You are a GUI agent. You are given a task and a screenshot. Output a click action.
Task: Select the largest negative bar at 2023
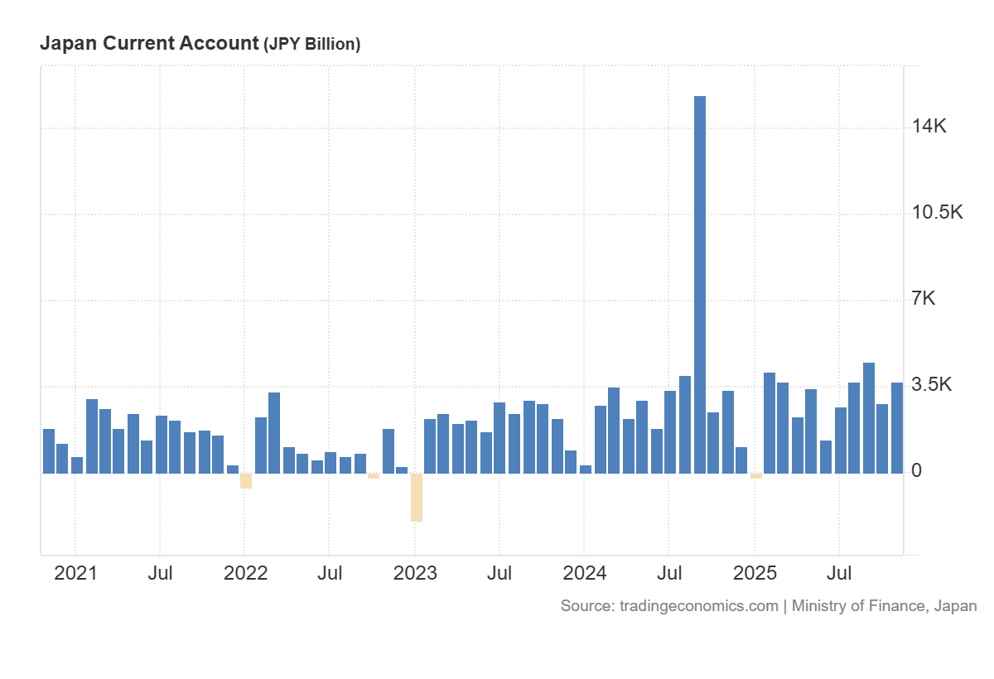click(416, 497)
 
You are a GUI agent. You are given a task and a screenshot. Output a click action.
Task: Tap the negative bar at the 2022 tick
click(246, 481)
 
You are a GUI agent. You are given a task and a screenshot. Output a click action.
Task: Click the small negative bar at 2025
click(756, 476)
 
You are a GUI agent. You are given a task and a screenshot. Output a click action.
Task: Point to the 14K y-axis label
click(929, 126)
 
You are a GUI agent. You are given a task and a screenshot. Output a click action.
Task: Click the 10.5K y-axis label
click(938, 212)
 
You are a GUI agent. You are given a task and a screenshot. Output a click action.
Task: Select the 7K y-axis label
click(924, 298)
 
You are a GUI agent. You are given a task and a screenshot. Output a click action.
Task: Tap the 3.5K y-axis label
click(932, 384)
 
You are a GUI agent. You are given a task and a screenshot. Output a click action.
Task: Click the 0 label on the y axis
click(916, 470)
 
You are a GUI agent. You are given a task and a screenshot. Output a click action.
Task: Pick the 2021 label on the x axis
click(75, 573)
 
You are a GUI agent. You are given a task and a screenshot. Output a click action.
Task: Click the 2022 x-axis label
click(246, 573)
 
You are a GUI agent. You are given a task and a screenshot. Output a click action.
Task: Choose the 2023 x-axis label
click(415, 573)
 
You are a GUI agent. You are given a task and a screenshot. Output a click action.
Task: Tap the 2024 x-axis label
click(584, 573)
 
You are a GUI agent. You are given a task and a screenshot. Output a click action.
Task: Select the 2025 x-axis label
click(755, 573)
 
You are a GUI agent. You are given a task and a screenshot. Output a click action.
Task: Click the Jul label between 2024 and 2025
click(669, 573)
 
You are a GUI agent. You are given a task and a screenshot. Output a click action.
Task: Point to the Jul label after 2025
click(840, 573)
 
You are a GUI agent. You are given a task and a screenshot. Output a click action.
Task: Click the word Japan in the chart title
click(65, 44)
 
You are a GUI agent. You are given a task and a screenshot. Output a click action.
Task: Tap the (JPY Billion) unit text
click(311, 45)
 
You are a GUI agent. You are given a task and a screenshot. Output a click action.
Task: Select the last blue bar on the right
click(897, 427)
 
